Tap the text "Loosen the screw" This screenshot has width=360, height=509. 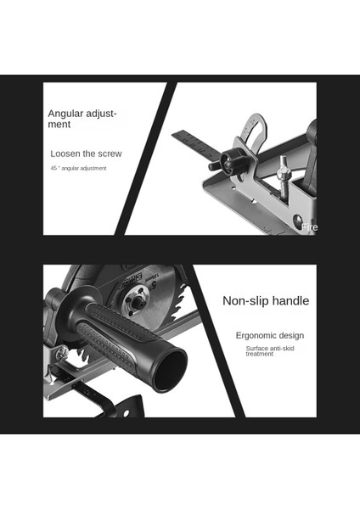coord(86,154)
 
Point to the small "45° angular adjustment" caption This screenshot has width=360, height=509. coord(78,169)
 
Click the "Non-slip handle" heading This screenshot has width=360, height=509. coord(266,300)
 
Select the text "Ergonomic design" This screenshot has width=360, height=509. coord(269,335)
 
